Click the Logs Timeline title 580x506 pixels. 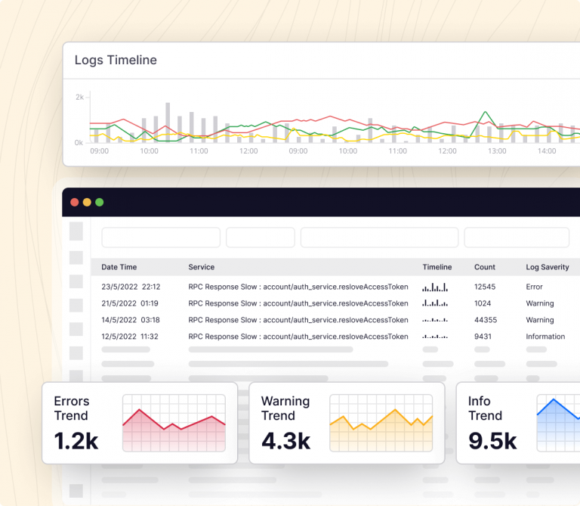tap(116, 61)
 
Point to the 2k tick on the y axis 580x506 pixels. tap(79, 98)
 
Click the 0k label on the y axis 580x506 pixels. tap(79, 142)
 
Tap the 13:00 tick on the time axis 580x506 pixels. tap(497, 151)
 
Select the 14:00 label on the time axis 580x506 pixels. tap(547, 151)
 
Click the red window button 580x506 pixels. tap(74, 202)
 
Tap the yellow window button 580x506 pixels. tap(87, 202)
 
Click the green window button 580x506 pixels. tap(99, 202)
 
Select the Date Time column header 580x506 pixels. tap(119, 267)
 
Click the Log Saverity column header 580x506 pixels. tap(548, 267)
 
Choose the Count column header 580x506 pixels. tap(485, 267)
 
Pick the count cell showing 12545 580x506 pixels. tap(485, 287)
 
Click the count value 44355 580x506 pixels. tap(485, 321)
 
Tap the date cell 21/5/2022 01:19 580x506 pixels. tap(130, 304)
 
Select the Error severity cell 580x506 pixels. tap(535, 287)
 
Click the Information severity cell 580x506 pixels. tap(545, 337)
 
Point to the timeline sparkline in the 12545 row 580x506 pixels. tap(435, 287)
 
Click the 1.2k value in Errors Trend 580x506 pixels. tap(76, 441)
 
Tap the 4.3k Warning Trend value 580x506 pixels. tap(285, 441)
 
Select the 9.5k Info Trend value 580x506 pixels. tap(492, 441)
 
